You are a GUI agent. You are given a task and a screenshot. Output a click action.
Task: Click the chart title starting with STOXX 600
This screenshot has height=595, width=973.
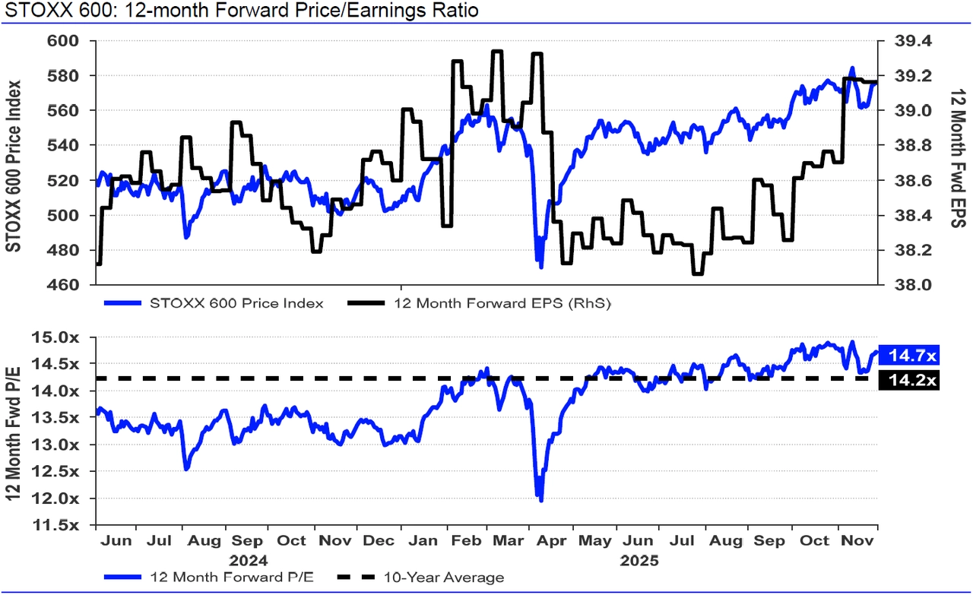[x=240, y=11]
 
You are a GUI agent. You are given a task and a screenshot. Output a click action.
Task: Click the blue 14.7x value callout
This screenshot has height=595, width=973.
[x=908, y=355]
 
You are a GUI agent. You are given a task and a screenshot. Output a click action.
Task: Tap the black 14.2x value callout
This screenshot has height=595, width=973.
[x=908, y=381]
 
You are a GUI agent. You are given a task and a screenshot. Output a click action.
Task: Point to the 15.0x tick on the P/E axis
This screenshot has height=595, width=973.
[x=65, y=337]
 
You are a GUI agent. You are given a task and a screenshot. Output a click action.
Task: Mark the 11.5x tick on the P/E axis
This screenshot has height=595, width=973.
[x=65, y=525]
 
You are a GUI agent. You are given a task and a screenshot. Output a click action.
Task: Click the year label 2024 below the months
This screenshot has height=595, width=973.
[x=248, y=561]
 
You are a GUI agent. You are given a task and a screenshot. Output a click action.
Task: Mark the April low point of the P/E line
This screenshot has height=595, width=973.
[x=541, y=500]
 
